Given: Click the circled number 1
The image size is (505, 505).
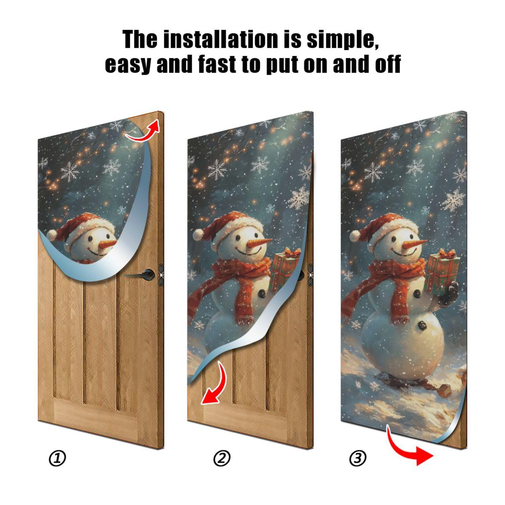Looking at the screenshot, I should pos(57,458).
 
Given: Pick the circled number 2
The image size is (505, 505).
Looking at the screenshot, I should pos(222,458).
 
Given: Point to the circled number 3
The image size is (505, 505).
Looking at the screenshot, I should pos(358,458).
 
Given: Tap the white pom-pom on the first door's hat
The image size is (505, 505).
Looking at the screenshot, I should pos(51,234).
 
